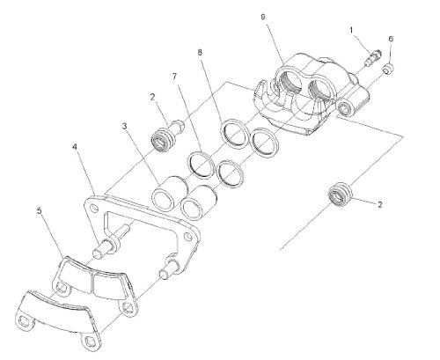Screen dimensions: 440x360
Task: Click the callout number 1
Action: [x=351, y=31]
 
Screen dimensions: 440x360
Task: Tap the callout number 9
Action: [x=263, y=17]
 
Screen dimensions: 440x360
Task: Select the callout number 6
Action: [x=391, y=39]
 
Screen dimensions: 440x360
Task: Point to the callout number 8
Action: [x=200, y=53]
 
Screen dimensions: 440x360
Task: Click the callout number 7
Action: [x=175, y=77]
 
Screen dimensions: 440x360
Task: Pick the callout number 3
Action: [x=125, y=127]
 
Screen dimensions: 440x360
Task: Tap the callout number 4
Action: [x=75, y=147]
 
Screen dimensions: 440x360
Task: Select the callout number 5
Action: [x=40, y=210]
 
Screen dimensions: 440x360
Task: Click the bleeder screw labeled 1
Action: [x=373, y=57]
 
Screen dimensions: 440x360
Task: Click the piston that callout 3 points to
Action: [x=168, y=193]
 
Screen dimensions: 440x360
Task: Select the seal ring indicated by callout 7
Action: [x=201, y=165]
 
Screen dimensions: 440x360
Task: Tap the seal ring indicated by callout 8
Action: [x=234, y=134]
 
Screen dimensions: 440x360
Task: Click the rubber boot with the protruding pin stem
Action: [x=166, y=136]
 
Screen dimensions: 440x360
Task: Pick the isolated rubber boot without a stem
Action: [x=340, y=195]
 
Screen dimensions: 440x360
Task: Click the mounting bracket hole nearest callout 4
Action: [x=94, y=209]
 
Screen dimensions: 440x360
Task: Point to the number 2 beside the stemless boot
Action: [x=380, y=204]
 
